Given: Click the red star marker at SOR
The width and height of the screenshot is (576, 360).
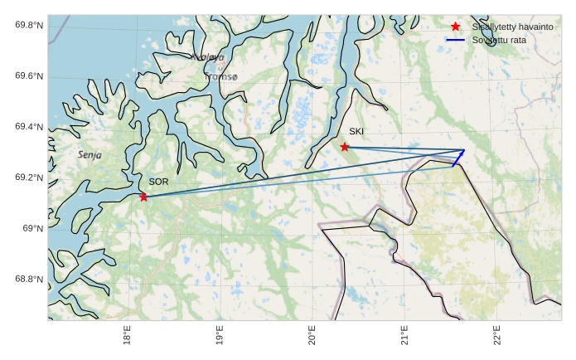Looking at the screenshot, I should pos(144,197).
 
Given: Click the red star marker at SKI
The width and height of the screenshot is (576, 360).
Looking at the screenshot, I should pos(345,147).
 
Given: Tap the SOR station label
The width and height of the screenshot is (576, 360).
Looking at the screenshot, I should pos(158,181).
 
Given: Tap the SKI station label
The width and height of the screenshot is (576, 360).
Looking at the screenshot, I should pos(356,131).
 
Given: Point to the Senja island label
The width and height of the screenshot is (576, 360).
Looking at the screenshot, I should pos(91,154).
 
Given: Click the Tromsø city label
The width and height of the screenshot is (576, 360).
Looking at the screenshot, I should pos(220,77).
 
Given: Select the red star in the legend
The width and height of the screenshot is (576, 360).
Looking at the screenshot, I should pos(455,27).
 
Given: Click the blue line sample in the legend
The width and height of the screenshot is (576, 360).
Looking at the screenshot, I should pos(455,40).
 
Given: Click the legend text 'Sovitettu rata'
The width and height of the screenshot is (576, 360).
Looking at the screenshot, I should pos(499,40).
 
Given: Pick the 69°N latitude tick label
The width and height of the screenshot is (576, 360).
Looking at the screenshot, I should pos(33,229).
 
